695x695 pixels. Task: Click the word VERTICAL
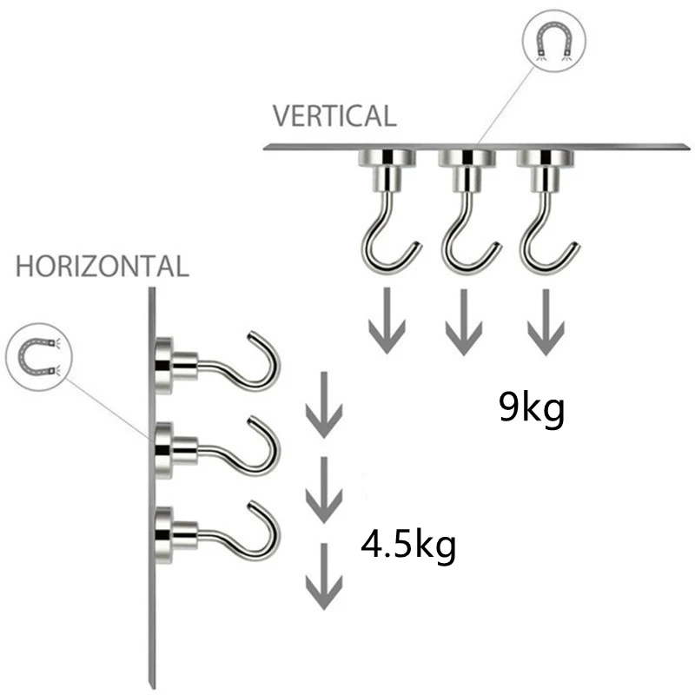tap(334, 116)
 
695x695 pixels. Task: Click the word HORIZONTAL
tap(102, 266)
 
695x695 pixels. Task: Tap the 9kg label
tap(532, 407)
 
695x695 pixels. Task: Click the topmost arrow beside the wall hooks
tap(323, 405)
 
